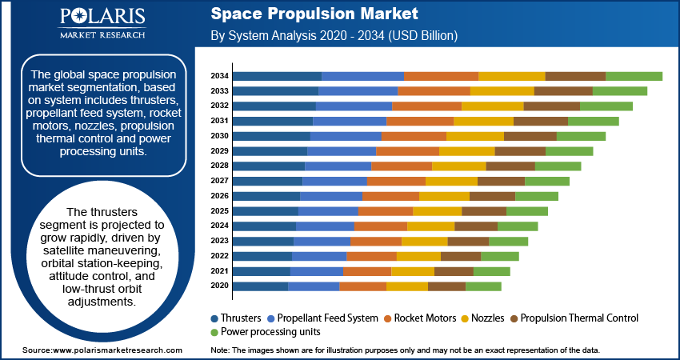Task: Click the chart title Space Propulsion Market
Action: click(314, 15)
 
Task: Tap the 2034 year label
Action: click(219, 76)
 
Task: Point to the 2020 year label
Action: click(219, 286)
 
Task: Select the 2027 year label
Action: click(219, 181)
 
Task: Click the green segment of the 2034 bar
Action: click(634, 76)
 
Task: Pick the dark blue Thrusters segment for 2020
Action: click(261, 286)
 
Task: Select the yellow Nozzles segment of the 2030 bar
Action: click(474, 136)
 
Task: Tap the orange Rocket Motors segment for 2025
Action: click(385, 211)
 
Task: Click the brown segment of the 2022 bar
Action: click(461, 256)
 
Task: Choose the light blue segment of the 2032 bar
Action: click(354, 106)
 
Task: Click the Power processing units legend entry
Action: click(265, 331)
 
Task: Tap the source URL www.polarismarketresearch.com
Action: click(117, 351)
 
